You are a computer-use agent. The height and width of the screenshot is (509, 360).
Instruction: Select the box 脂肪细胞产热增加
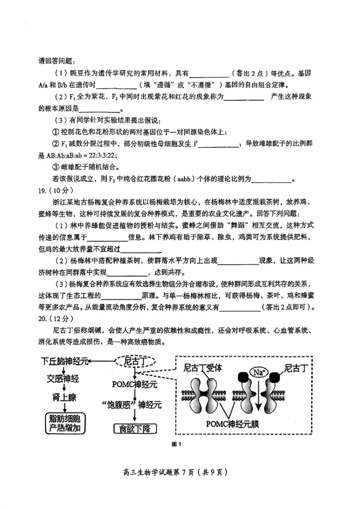[64, 423]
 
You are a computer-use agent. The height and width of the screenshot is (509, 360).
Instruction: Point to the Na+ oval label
[258, 373]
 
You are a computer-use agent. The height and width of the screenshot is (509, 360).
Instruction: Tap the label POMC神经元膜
[231, 423]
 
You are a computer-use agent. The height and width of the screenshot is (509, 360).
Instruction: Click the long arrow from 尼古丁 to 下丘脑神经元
[103, 361]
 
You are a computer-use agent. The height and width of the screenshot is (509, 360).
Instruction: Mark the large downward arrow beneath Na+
[258, 396]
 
